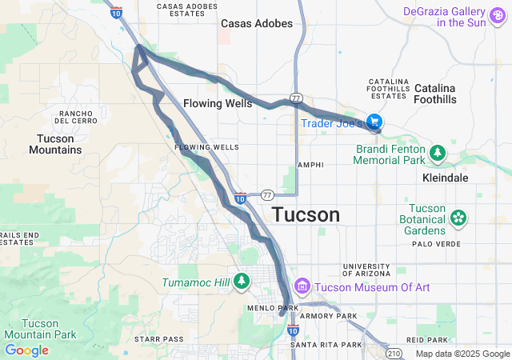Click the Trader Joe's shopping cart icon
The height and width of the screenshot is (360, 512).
tap(374, 122)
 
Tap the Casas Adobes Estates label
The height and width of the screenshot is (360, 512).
tap(189, 10)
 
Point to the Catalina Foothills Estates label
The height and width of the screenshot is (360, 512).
tap(389, 89)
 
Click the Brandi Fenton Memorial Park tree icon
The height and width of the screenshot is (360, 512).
tap(437, 151)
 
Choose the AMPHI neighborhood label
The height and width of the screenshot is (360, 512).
tap(310, 165)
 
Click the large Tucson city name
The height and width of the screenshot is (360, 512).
tap(306, 214)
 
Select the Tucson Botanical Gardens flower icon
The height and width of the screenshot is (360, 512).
tap(458, 217)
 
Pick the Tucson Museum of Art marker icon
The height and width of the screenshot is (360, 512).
tap(302, 286)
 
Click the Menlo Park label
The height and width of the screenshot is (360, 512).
tap(273, 307)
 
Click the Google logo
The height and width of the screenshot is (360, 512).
tap(26, 350)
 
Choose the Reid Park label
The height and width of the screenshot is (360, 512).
tap(422, 340)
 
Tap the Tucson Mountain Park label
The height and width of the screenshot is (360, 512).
tap(38, 329)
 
